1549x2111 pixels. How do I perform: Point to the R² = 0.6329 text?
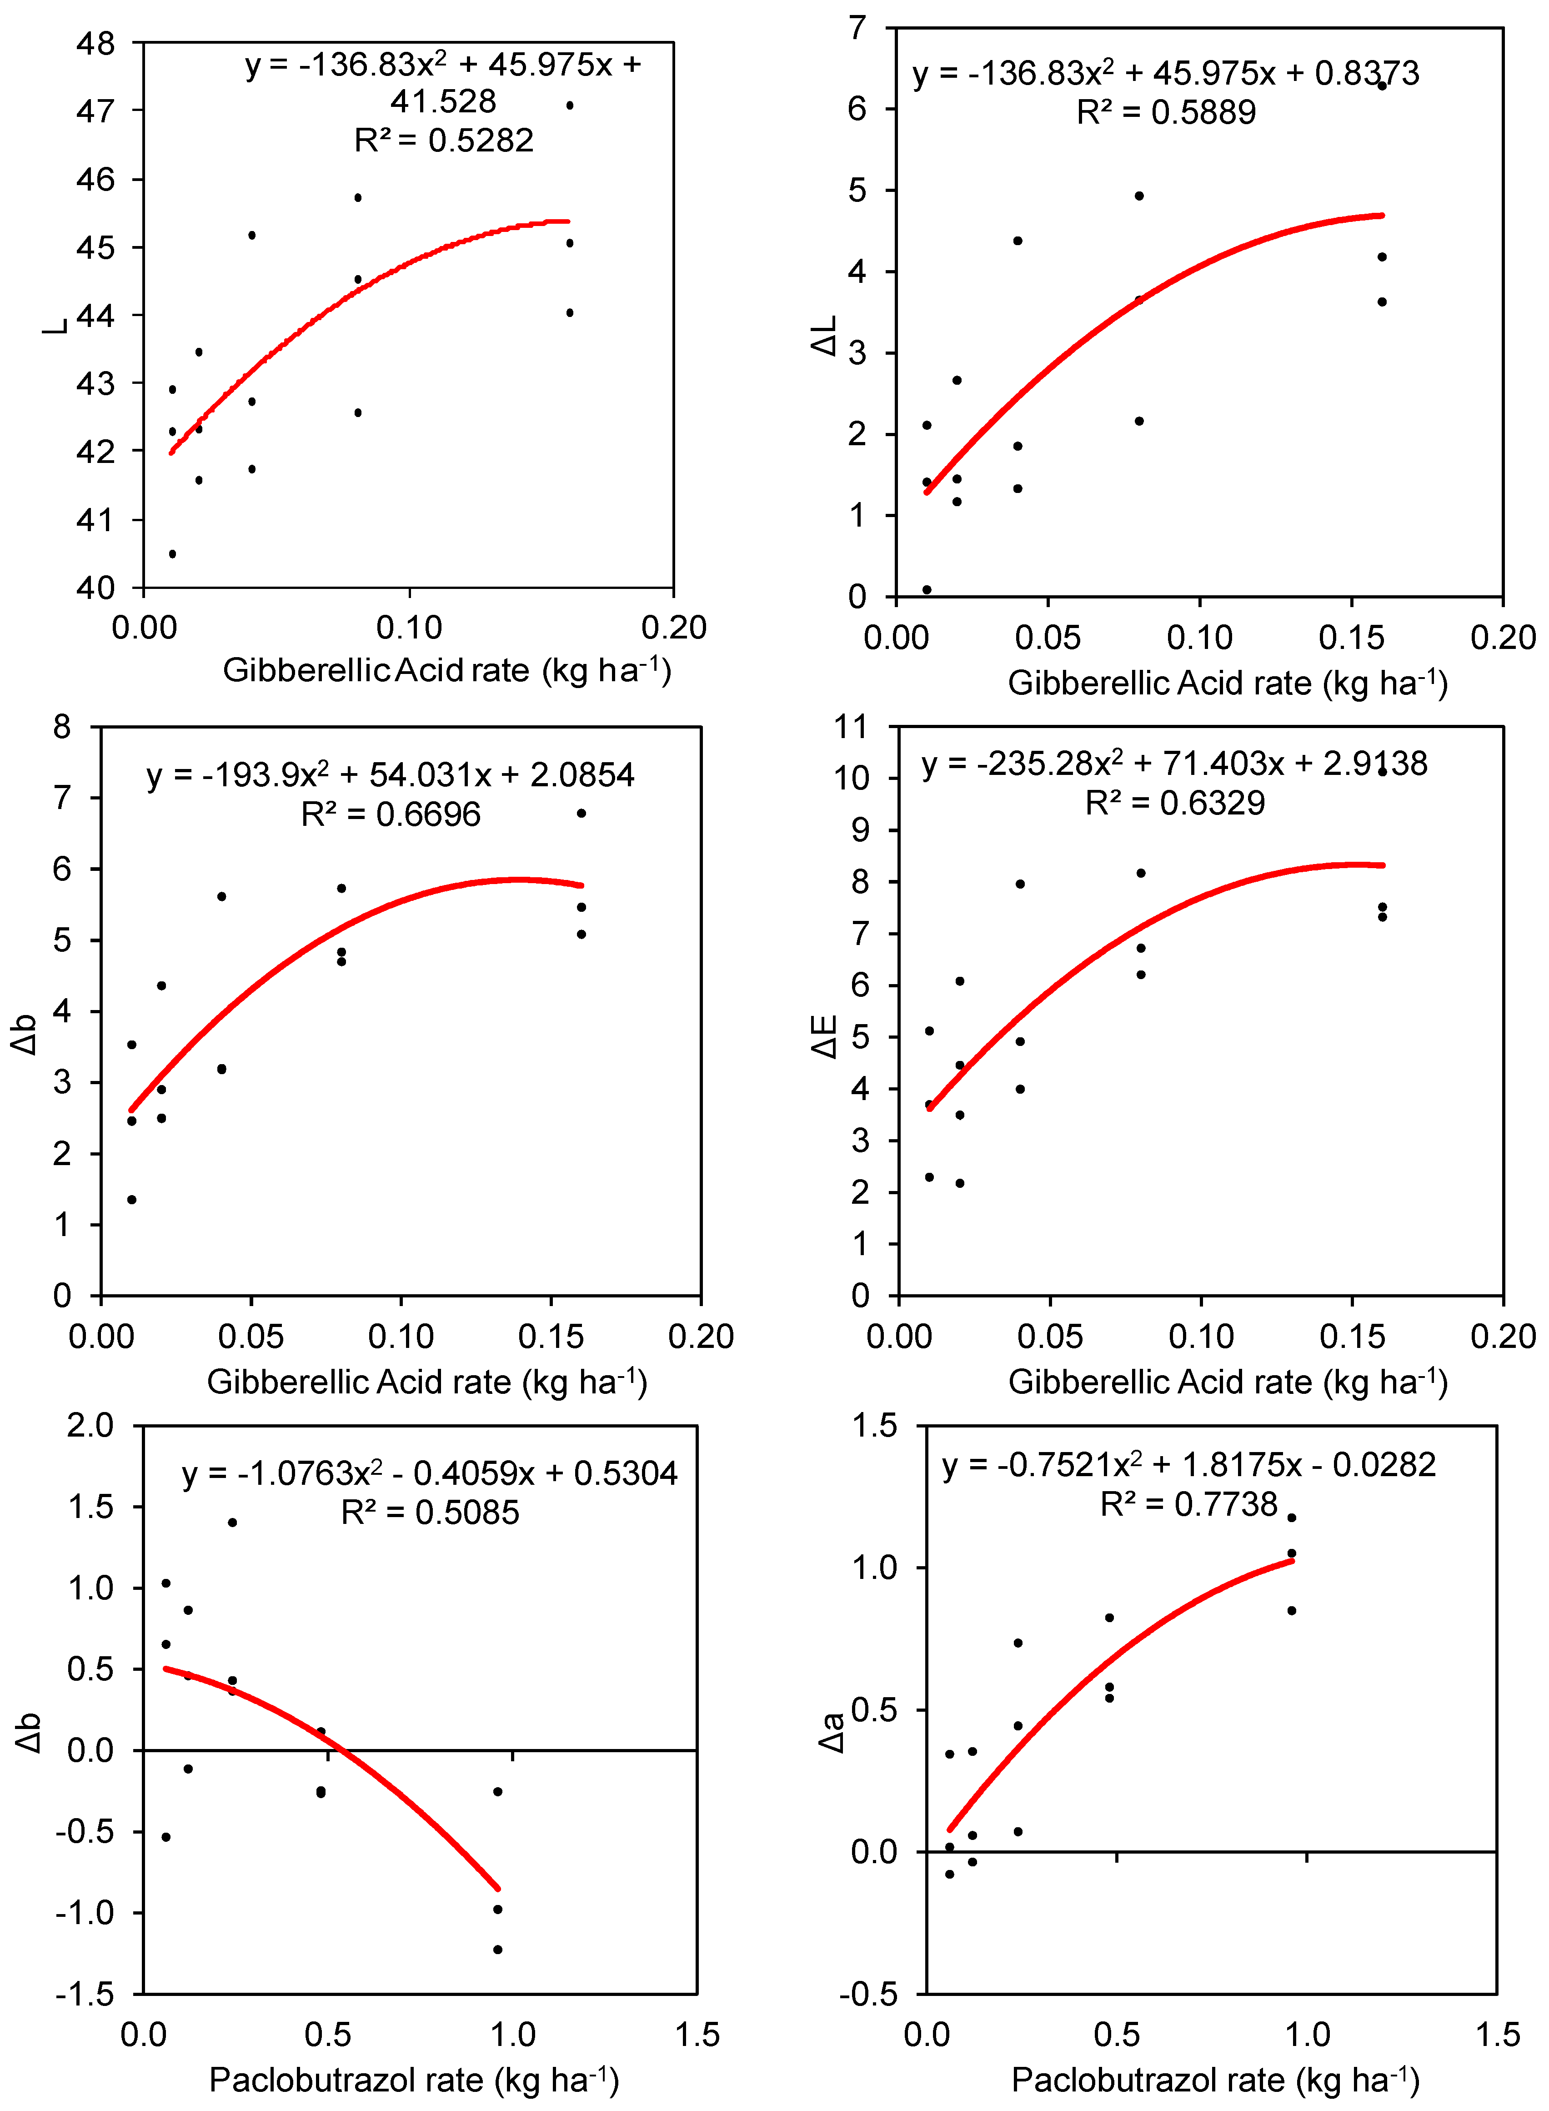[1175, 803]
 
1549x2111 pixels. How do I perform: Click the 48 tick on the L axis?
[95, 43]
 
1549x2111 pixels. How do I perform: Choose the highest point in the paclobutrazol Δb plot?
[232, 1522]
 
